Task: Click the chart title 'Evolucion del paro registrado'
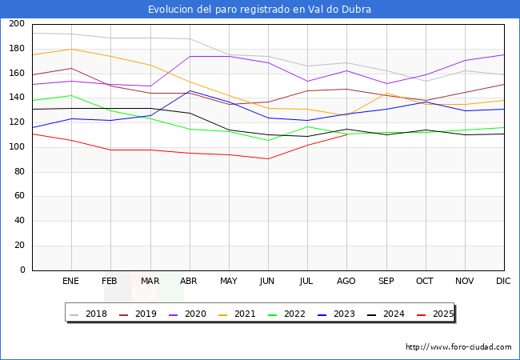[x=259, y=10]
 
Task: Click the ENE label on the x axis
[x=71, y=282]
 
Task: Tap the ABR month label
[x=189, y=282]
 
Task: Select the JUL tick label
[x=306, y=282]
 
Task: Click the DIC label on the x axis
[x=503, y=282]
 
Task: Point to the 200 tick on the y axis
[x=17, y=24]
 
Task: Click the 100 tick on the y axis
[x=17, y=147]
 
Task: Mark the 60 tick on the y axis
[x=19, y=196]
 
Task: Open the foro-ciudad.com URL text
[x=458, y=347]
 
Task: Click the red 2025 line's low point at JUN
[x=267, y=158]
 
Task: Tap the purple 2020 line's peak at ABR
[x=189, y=56]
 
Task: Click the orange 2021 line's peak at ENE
[x=71, y=49]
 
